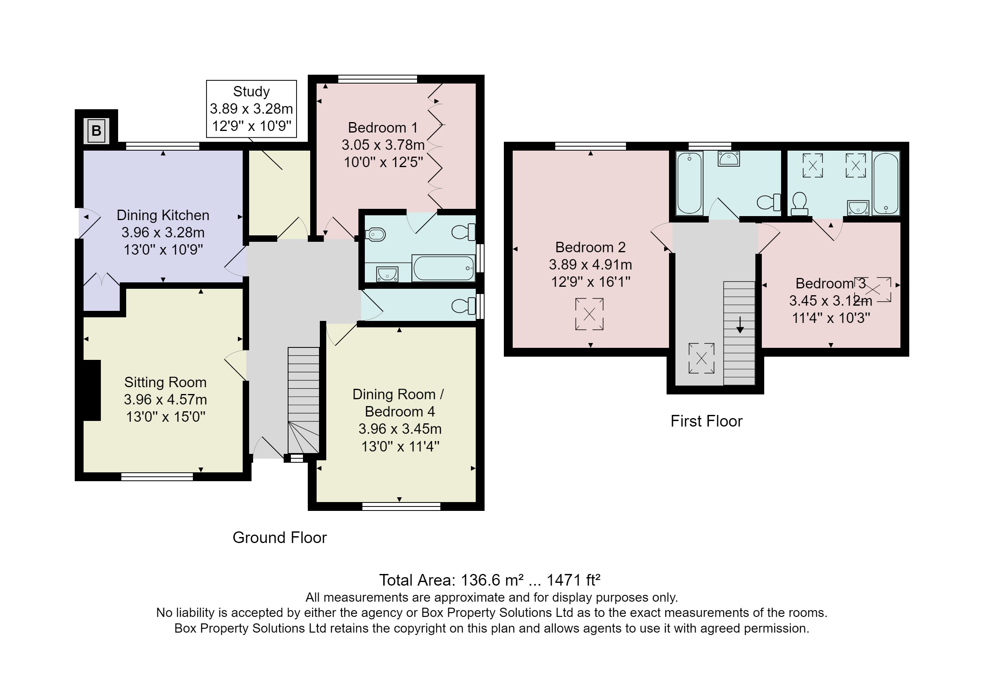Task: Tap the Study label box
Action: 252,108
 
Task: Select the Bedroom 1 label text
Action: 383,127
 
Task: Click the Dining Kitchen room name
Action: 163,215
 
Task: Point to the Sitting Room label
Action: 166,382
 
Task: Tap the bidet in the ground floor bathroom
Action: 376,234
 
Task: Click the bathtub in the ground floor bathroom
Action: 443,268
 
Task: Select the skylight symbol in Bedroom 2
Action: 589,314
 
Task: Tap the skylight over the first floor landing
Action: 702,358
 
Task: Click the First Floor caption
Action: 706,421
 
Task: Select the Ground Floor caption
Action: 280,537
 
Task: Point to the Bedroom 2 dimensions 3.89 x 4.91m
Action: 590,265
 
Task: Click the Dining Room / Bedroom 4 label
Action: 398,402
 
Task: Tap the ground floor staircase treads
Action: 303,385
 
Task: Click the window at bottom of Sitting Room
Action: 157,476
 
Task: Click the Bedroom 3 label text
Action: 830,283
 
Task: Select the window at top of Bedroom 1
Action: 377,79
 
